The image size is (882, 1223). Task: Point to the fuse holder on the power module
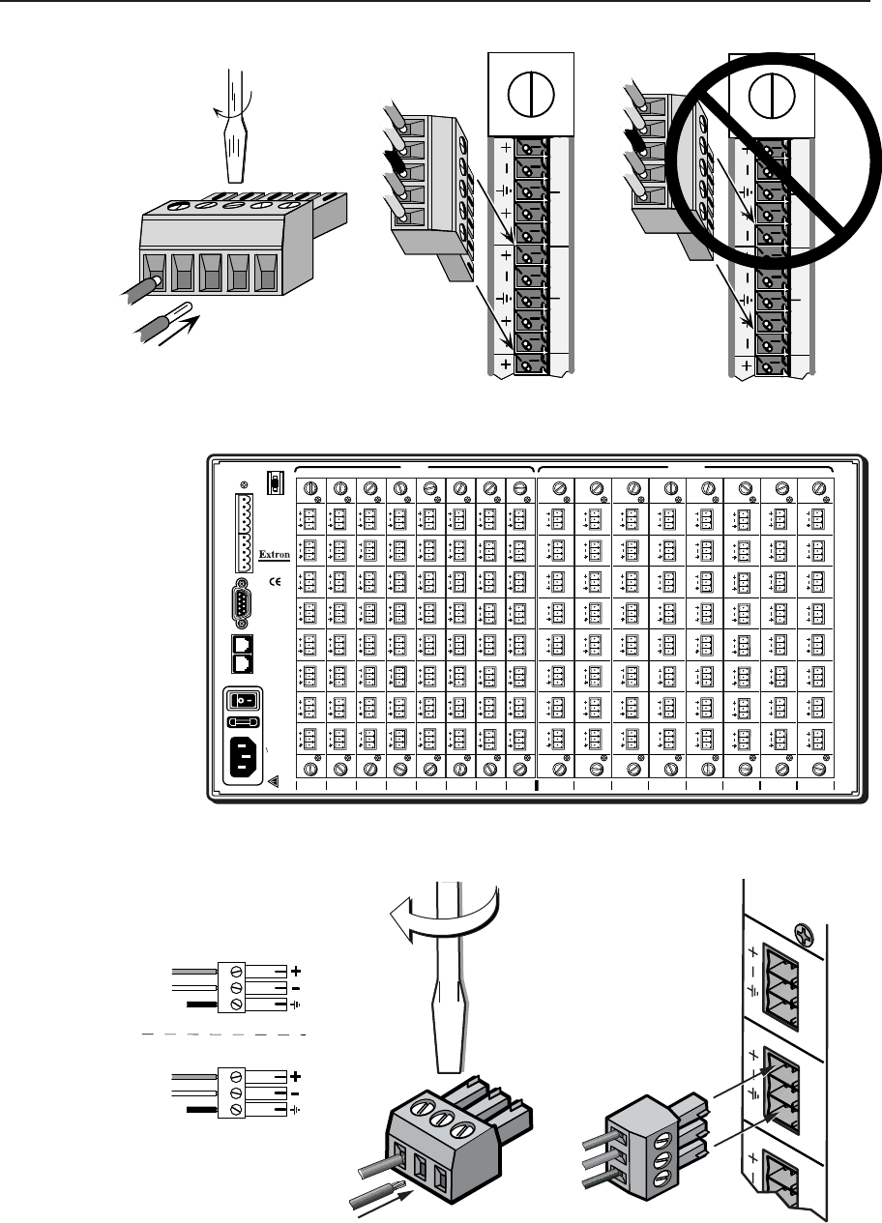click(x=244, y=721)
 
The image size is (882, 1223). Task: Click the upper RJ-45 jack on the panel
click(x=243, y=644)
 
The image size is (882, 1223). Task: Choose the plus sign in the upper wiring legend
click(x=296, y=970)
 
